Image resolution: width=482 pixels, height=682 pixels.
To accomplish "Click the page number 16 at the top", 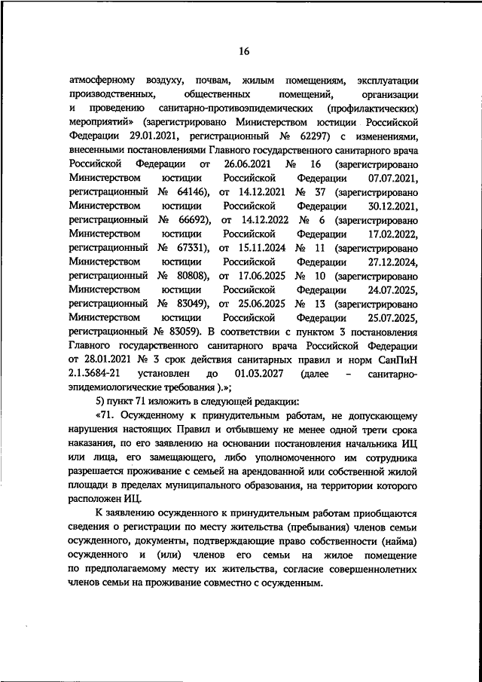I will [243, 51].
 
